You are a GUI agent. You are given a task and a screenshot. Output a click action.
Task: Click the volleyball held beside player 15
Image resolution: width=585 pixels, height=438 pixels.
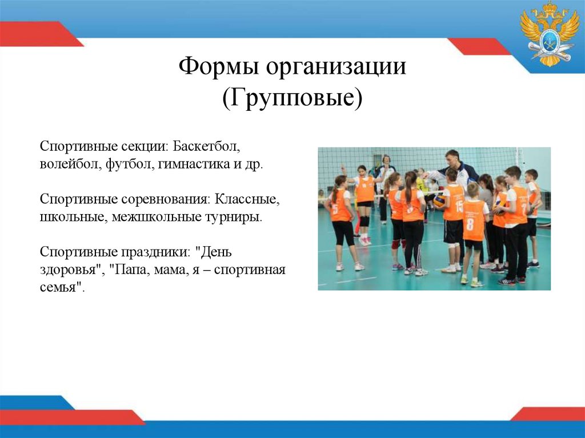[439, 200]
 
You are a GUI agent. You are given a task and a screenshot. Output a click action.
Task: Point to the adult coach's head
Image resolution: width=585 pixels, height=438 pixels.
[452, 156]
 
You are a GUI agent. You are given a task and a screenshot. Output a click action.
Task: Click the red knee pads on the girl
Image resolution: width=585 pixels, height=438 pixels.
[395, 244]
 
